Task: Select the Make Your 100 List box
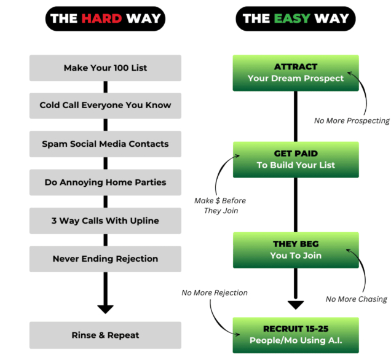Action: click(105, 68)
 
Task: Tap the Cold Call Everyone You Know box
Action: click(105, 105)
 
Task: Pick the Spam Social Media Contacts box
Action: click(105, 144)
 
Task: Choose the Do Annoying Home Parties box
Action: click(105, 182)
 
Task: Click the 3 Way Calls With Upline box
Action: click(105, 221)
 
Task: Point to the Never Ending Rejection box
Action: click(105, 259)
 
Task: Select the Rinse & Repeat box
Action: click(105, 335)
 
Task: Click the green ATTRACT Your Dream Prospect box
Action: click(296, 72)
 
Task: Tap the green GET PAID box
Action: click(296, 159)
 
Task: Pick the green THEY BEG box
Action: click(296, 249)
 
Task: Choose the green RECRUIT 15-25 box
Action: click(296, 335)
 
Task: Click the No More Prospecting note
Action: click(352, 121)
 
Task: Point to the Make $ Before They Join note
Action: click(220, 206)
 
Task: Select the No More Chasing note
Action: click(356, 299)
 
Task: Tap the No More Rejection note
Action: click(215, 293)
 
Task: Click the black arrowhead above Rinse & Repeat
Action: click(105, 307)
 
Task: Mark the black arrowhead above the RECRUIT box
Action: click(296, 304)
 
